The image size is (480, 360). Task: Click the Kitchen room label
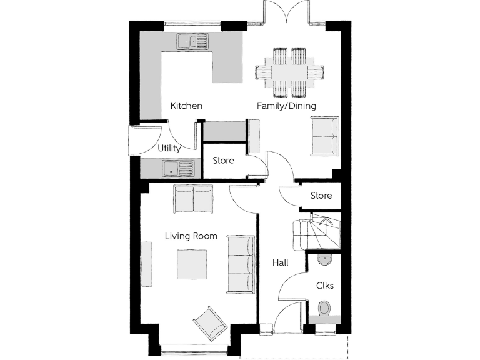tap(186, 106)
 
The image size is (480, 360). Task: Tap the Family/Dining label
tap(286, 106)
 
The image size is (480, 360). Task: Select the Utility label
tap(169, 149)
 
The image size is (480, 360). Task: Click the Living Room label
tap(191, 236)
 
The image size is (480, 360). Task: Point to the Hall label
tap(280, 263)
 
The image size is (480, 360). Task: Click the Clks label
tap(324, 286)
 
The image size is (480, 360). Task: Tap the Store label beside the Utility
tap(223, 161)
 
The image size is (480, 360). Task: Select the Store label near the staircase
tap(321, 196)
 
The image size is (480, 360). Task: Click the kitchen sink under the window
tap(194, 41)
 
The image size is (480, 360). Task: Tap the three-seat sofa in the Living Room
tap(241, 264)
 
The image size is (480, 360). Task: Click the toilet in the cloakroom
tap(324, 308)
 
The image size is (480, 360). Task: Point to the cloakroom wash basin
tap(324, 259)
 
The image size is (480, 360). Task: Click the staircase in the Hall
tap(316, 232)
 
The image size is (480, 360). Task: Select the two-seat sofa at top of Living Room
tap(193, 198)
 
